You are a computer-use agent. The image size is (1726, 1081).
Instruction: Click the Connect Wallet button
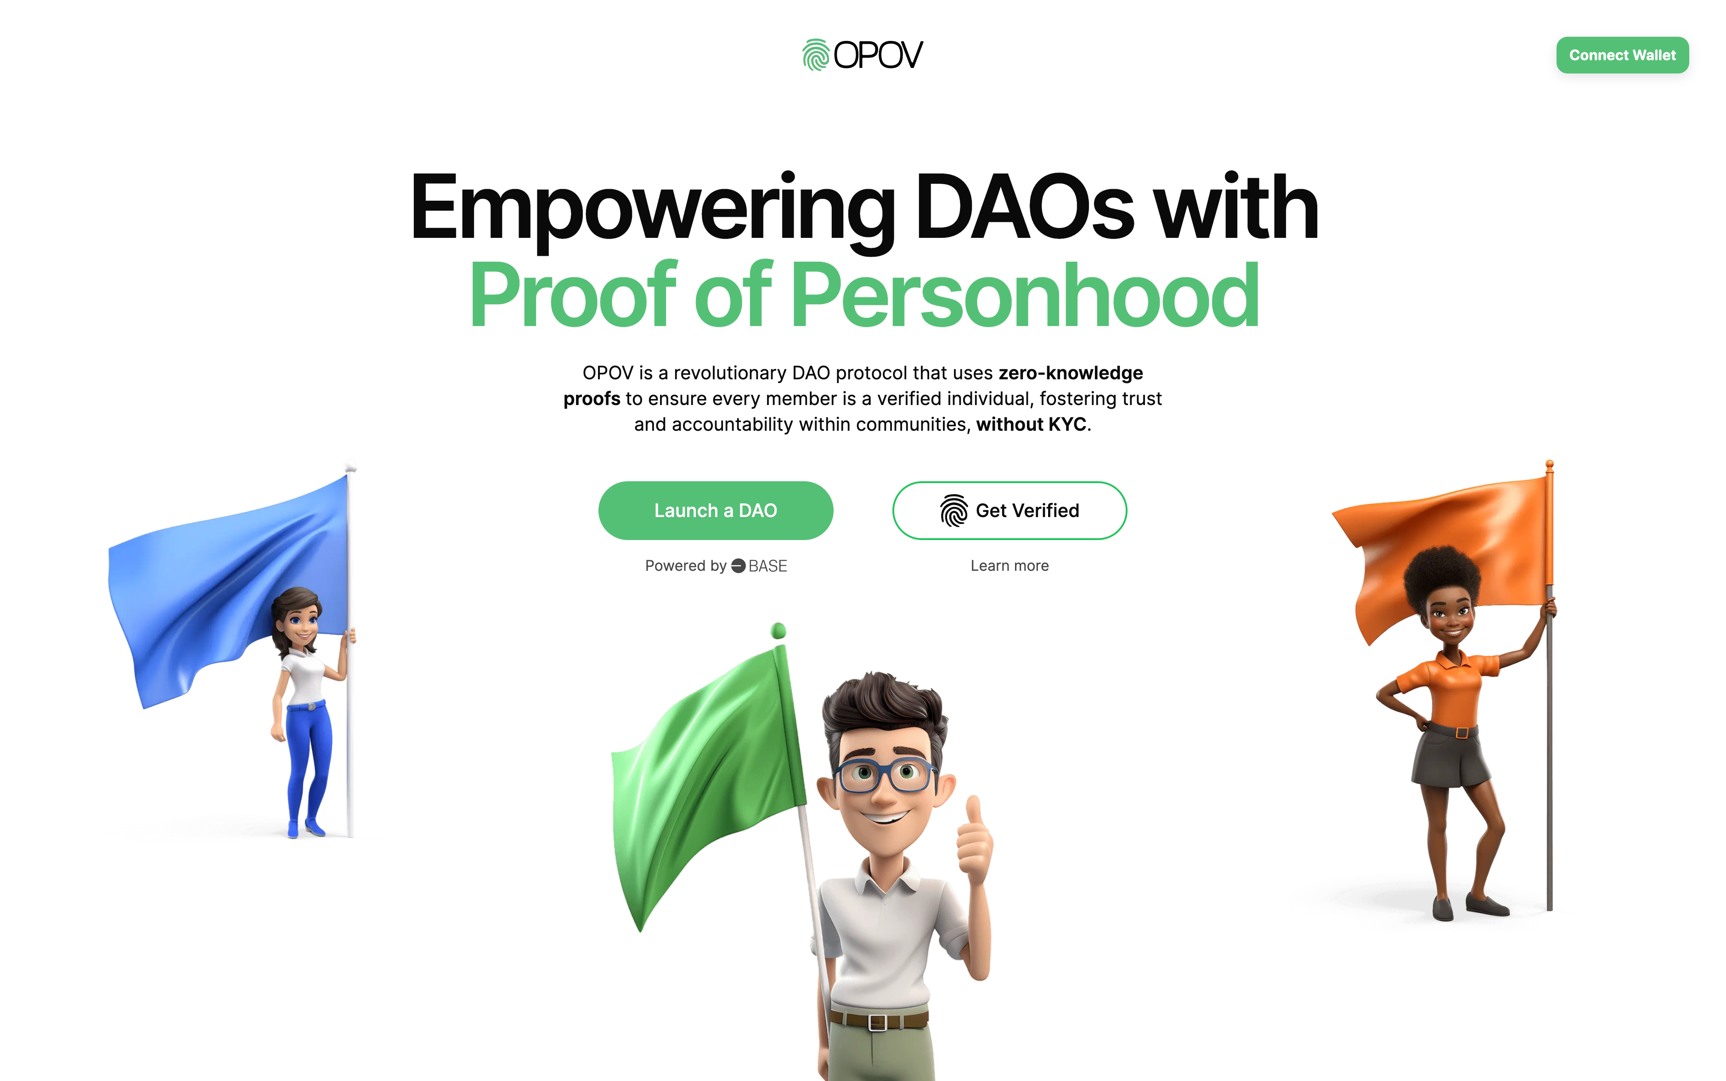pos(1622,55)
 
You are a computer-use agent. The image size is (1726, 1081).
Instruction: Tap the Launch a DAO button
pos(715,511)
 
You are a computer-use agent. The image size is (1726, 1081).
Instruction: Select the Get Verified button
pos(1009,511)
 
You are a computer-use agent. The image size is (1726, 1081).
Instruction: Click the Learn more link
pos(1009,565)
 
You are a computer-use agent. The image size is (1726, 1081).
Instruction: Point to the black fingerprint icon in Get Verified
pos(953,511)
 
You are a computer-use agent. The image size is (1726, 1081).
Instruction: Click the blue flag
pos(214,586)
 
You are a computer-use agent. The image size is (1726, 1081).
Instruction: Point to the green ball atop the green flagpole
pos(778,630)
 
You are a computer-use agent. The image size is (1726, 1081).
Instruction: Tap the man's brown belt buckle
pos(877,1022)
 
